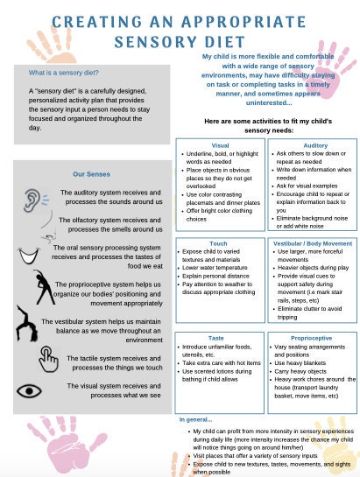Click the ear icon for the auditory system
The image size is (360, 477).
click(32, 198)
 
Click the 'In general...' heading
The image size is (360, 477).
click(196, 420)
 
